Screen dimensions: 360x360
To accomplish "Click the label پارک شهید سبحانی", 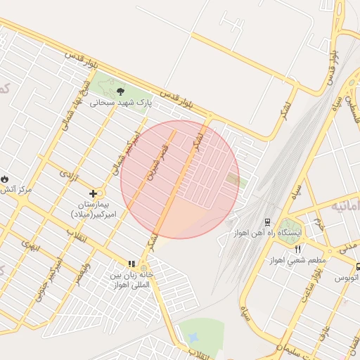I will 120,103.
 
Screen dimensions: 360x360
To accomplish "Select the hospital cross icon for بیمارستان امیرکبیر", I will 94,193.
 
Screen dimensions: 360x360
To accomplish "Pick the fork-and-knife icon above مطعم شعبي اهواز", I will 298,249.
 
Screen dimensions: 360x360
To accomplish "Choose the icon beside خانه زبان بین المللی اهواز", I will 131,264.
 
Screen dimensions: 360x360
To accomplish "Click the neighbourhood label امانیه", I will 347,206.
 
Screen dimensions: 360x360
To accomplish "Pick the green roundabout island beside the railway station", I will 288,233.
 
